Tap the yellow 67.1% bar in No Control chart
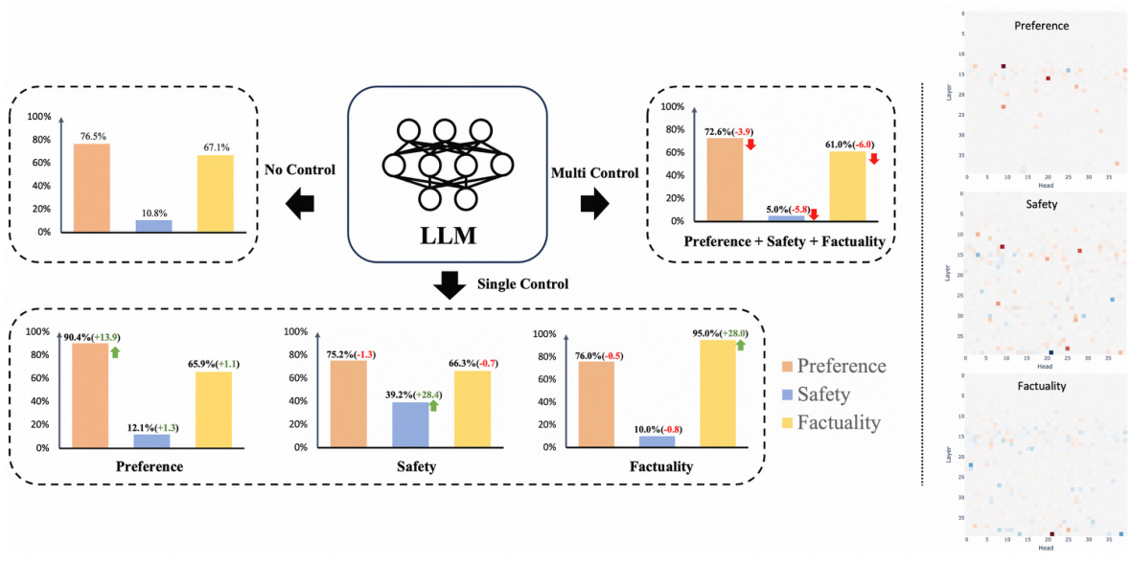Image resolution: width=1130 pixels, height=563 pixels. pyautogui.click(x=216, y=193)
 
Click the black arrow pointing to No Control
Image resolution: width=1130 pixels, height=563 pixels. pyautogui.click(x=299, y=202)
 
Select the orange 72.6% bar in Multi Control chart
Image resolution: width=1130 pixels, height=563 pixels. pyautogui.click(x=725, y=179)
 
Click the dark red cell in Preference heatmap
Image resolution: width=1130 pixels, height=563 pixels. pyautogui.click(x=1003, y=66)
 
